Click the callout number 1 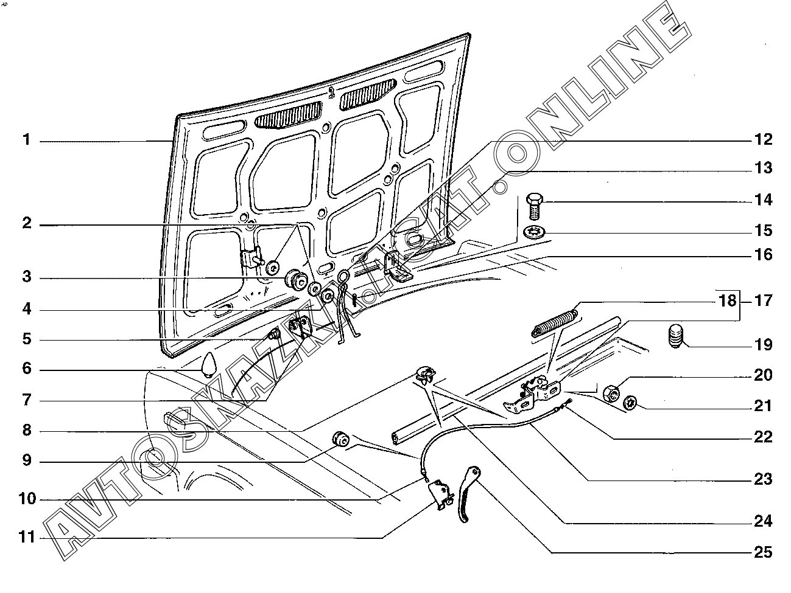coord(26,140)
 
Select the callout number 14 coord(762,200)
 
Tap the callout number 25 coord(762,552)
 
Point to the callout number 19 coord(762,345)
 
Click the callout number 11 coord(26,538)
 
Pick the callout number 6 coord(26,370)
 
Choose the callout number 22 coord(762,437)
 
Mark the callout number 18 coord(728,301)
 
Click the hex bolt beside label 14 coord(533,205)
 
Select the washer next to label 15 coord(533,231)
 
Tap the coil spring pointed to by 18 coord(555,321)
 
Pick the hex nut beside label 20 coord(612,392)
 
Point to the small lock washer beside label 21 coord(630,402)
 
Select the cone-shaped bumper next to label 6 coord(208,364)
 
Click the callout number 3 coord(26,277)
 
